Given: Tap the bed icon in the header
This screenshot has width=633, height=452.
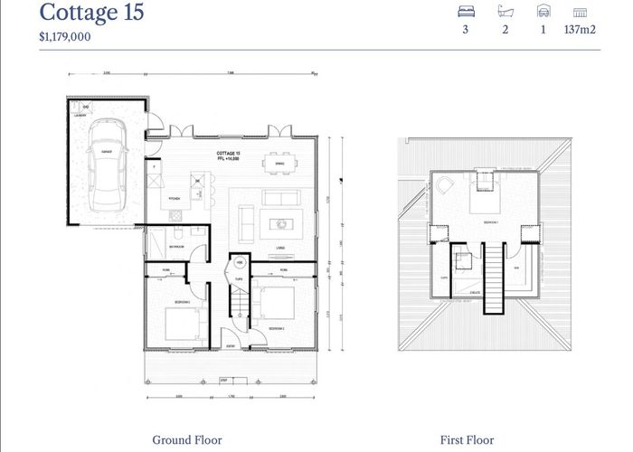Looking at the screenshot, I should pyautogui.click(x=467, y=13).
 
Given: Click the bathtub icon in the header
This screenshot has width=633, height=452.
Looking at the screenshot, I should pyautogui.click(x=505, y=13).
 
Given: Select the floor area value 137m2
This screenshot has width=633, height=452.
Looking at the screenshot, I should pyautogui.click(x=581, y=30).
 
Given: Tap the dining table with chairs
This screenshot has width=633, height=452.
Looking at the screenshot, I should pyautogui.click(x=281, y=163).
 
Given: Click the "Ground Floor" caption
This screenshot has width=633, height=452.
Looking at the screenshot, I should pyautogui.click(x=186, y=440).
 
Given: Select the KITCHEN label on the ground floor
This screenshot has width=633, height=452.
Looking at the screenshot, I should pyautogui.click(x=174, y=197).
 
